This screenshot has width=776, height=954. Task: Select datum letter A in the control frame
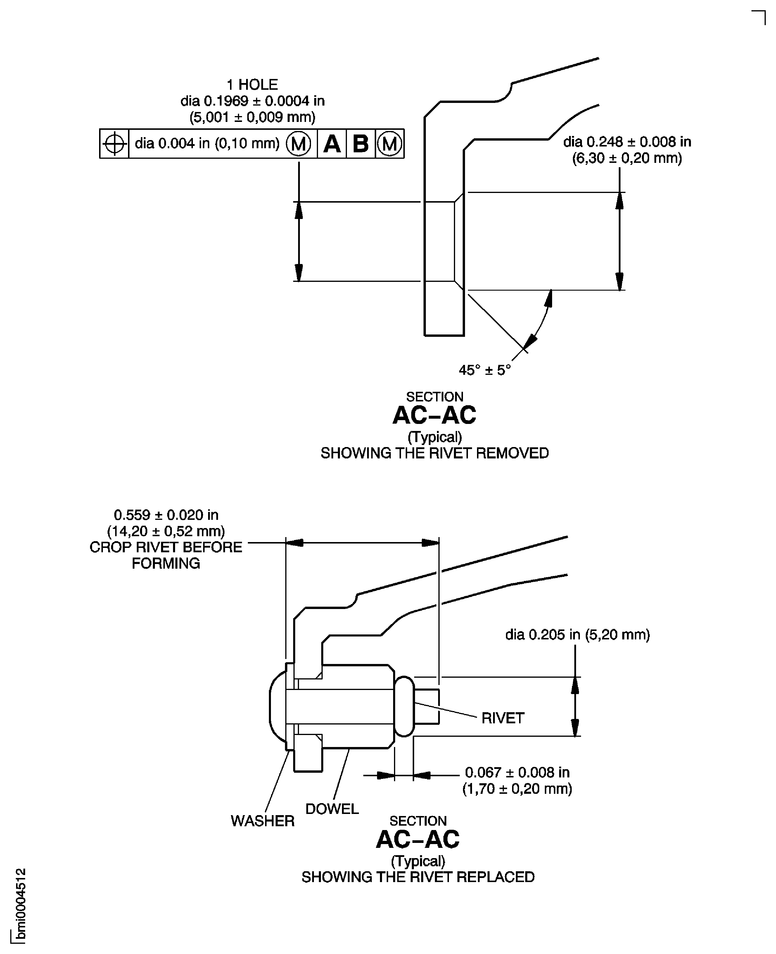[x=332, y=144]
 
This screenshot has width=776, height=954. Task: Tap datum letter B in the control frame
[x=360, y=144]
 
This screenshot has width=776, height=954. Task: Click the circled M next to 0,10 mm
[x=298, y=144]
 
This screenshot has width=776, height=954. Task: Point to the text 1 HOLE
[x=252, y=84]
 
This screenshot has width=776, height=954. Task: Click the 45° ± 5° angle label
[x=485, y=370]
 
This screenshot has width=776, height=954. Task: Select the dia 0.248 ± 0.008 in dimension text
[x=627, y=142]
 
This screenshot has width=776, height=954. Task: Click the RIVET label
[x=502, y=718]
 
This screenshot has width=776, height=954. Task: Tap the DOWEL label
[x=332, y=809]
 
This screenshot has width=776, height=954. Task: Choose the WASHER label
[x=262, y=821]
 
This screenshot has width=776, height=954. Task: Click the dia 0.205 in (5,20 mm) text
[x=577, y=634]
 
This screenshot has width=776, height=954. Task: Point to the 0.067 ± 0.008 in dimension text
[x=517, y=772]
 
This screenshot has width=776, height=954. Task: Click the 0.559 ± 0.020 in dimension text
[x=166, y=515]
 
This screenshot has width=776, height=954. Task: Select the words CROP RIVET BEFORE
[x=166, y=547]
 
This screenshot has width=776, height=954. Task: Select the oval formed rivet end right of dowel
[x=405, y=706]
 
